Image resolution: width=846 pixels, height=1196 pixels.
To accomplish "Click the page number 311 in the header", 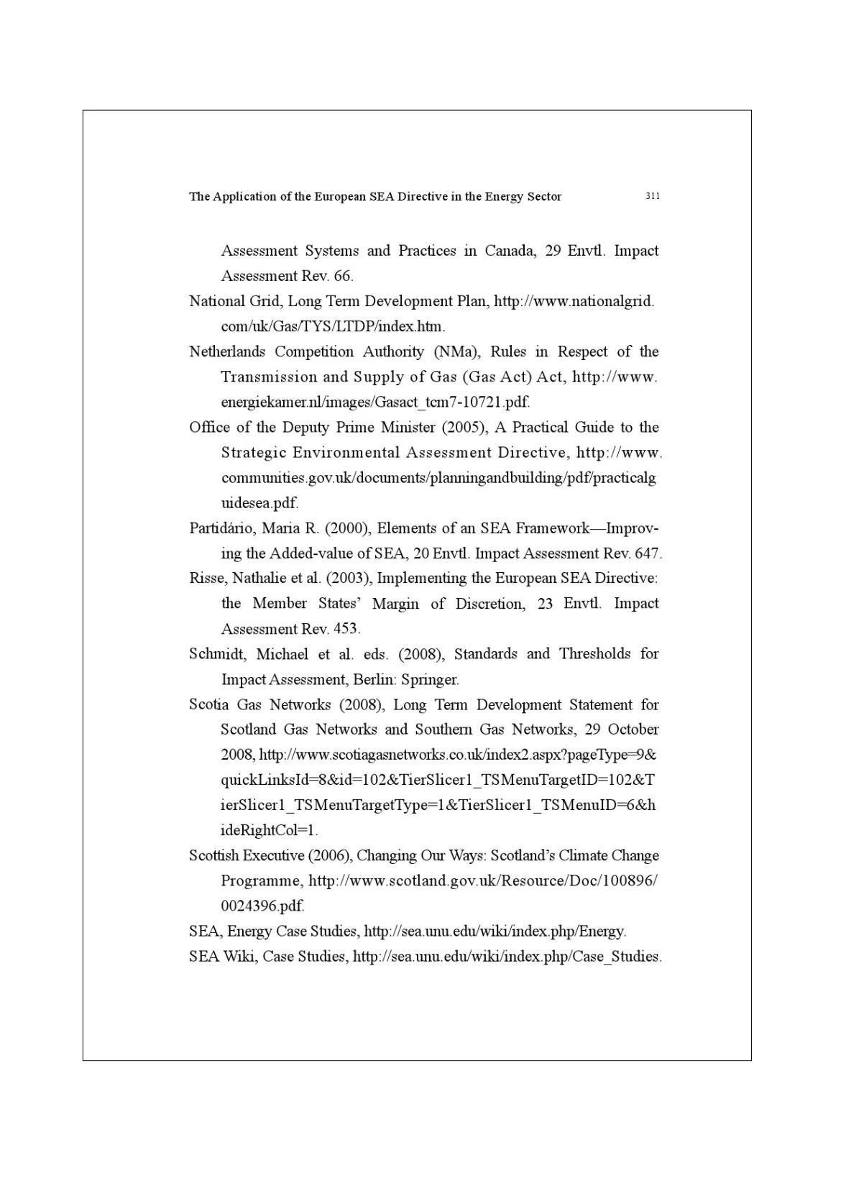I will point(653,195).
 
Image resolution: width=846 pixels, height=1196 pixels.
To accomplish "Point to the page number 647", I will point(648,553).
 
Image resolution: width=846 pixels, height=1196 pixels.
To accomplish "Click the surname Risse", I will point(207,578).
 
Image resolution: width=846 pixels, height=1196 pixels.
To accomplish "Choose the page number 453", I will point(346,629).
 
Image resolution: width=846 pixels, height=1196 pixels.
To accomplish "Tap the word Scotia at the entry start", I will point(209,704).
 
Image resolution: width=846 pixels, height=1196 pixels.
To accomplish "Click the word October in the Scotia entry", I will point(633,730).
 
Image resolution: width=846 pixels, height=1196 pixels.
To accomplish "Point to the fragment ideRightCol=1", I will point(268,830).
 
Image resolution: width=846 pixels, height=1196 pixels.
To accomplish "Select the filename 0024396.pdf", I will point(262,906).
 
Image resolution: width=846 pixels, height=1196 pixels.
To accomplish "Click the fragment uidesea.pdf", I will point(259,503).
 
